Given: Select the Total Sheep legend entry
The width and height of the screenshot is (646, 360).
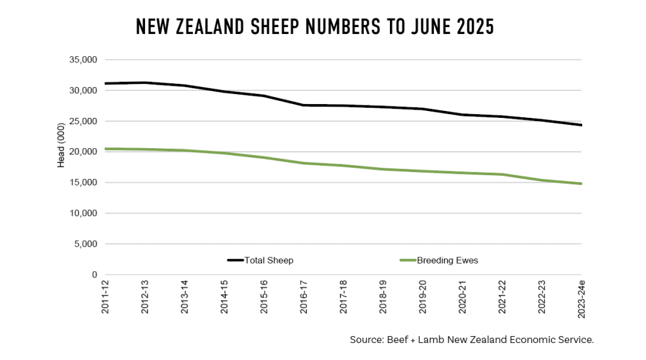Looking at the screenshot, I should click(260, 260).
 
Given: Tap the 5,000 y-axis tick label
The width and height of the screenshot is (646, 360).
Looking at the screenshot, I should click(84, 244).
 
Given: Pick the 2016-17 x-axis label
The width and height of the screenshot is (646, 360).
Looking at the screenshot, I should click(304, 298).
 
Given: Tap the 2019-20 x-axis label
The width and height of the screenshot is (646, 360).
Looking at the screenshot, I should click(423, 298).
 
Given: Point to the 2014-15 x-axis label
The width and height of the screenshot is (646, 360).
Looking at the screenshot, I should click(225, 298).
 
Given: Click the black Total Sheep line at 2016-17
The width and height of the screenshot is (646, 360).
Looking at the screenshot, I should click(304, 105).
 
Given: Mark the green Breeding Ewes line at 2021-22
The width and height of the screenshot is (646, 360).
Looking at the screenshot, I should click(502, 175).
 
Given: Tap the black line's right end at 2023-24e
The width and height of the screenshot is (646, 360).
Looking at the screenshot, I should click(581, 125).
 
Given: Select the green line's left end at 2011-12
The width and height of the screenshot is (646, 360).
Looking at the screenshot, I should click(106, 149).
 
